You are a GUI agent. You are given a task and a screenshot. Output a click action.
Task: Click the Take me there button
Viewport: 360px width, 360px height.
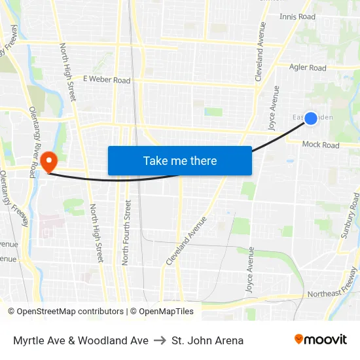pyautogui.click(x=180, y=160)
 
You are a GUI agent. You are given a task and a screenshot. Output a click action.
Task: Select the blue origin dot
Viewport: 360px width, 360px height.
pyautogui.click(x=311, y=118)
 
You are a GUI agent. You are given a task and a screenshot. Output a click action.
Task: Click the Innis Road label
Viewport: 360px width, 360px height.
pyautogui.click(x=297, y=17)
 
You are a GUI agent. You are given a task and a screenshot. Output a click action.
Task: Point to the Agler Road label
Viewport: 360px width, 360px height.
pyautogui.click(x=307, y=67)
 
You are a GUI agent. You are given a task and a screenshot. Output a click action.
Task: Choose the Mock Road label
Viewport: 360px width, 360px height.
pyautogui.click(x=321, y=145)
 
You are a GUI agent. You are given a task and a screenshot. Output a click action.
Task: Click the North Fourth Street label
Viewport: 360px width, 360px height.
pyautogui.click(x=126, y=232)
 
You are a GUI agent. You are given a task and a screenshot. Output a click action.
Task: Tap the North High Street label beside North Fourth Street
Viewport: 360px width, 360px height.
pyautogui.click(x=96, y=232)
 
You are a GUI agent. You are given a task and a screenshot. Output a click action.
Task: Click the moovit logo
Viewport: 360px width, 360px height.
pyautogui.click(x=321, y=340)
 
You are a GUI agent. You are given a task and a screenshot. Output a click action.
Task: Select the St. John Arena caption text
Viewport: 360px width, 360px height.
pyautogui.click(x=207, y=340)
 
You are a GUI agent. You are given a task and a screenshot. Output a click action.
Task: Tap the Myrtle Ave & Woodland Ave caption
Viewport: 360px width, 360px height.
pyautogui.click(x=81, y=340)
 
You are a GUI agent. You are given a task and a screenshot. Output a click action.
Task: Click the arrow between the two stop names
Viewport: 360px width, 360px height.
pyautogui.click(x=160, y=340)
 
